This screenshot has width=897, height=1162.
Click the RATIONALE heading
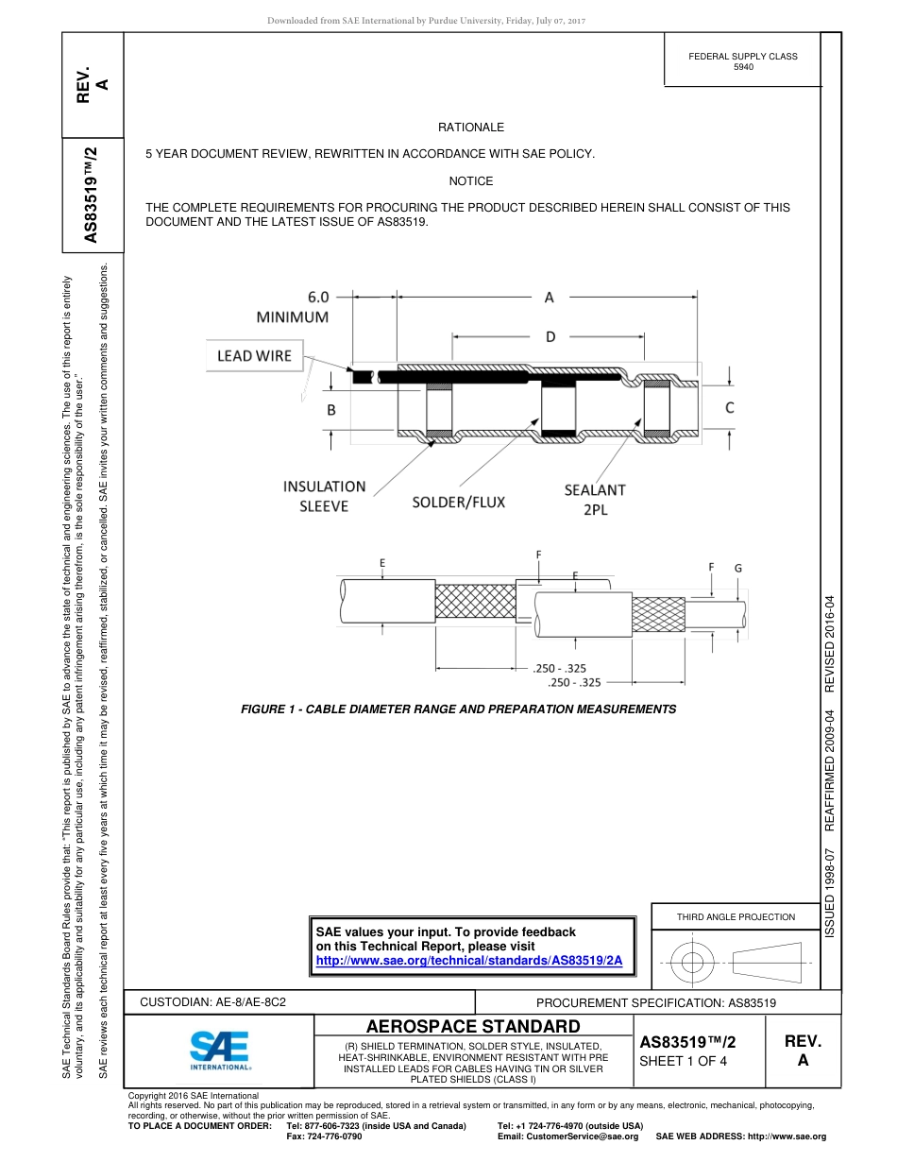coord(470,128)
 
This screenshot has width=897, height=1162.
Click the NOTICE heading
coord(470,181)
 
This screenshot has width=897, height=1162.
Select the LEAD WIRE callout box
coord(254,355)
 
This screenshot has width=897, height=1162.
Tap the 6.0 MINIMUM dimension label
coord(293,306)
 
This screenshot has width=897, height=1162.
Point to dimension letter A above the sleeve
coord(549,298)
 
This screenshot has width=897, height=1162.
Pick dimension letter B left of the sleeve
coord(331,410)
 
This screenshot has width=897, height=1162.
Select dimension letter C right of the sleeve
coord(729,408)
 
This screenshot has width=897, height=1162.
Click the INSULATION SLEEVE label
coord(324,496)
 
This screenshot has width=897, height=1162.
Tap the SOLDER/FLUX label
coord(458,502)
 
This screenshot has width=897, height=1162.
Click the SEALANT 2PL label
coord(595,499)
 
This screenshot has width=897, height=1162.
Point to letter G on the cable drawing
coord(737,568)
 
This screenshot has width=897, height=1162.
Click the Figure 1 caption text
coord(459,709)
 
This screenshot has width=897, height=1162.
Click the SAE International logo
coord(220,1050)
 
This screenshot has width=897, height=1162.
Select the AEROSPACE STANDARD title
coord(473,1026)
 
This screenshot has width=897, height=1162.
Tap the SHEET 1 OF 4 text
coord(684,1060)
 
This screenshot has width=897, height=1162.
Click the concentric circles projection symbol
coord(693,964)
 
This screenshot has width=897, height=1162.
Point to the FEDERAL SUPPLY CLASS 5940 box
coord(743,61)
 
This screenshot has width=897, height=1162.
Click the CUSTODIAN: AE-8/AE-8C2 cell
coord(213,1000)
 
